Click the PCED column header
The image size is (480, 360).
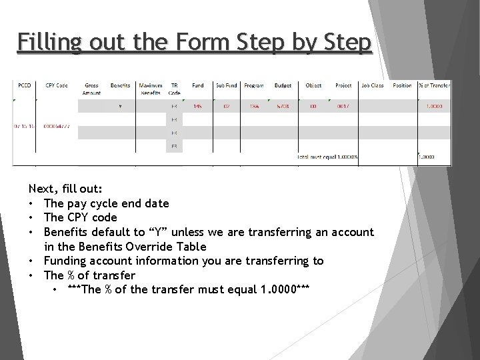[x=24, y=85]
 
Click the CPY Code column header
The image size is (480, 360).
[x=57, y=85]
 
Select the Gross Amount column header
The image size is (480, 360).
[x=91, y=89]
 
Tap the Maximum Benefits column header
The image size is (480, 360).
[x=151, y=89]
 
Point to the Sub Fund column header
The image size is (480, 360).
[x=226, y=85]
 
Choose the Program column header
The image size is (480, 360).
[x=254, y=85]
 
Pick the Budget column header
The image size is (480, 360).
[x=283, y=85]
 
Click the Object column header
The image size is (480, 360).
[x=313, y=85]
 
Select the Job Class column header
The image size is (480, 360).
[x=373, y=85]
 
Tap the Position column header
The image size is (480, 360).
[x=402, y=85]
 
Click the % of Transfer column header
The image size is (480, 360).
[x=434, y=85]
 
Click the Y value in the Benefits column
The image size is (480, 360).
[x=120, y=107]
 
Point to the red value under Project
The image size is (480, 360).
[x=343, y=107]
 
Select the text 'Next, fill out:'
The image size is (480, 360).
[x=65, y=189]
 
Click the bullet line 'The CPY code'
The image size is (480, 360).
[x=80, y=217]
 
